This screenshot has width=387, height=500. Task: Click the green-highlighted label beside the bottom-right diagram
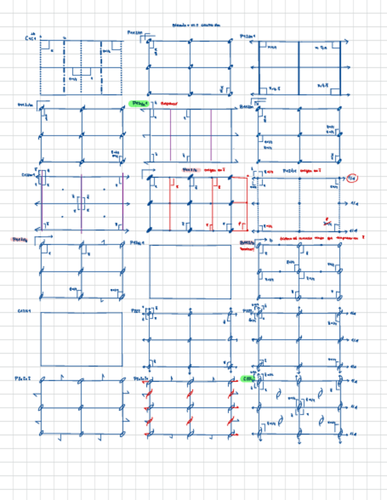(248, 379)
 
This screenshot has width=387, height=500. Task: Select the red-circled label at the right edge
(352, 178)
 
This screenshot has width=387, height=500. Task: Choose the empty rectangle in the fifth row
(81, 339)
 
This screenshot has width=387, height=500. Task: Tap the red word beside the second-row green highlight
(169, 103)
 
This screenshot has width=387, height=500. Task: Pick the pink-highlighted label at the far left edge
(19, 240)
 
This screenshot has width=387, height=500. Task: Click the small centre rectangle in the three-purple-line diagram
(81, 203)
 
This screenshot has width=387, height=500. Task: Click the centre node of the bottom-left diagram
(81, 407)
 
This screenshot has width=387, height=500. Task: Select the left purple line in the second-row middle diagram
(170, 134)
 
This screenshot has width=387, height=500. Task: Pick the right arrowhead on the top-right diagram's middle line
(350, 67)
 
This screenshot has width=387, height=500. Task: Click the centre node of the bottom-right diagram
(299, 407)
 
